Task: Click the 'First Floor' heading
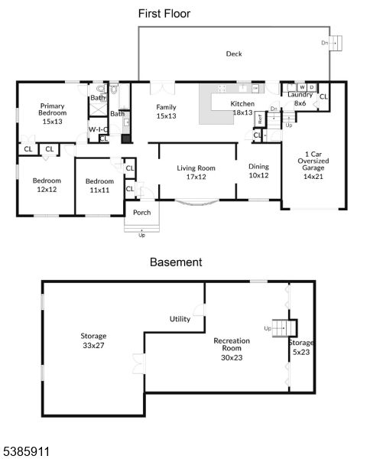[x=164, y=14]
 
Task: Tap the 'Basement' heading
[x=176, y=262]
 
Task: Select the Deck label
[x=234, y=54]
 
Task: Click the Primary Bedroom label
[x=52, y=113]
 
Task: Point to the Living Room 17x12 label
[x=196, y=172]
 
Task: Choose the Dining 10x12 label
[x=258, y=171]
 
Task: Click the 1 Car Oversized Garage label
[x=313, y=165]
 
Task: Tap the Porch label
[x=142, y=212]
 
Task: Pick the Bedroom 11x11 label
[x=99, y=186]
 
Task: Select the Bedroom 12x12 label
[x=47, y=185]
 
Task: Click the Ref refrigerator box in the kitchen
[x=260, y=119]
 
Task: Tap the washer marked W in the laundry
[x=302, y=87]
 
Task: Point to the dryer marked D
[x=312, y=87]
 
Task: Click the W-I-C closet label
[x=98, y=129]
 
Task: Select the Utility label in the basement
[x=180, y=319]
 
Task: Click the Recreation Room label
[x=232, y=349]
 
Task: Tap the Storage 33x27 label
[x=93, y=340]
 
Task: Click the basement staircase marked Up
[x=284, y=328]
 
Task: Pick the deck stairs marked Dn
[x=336, y=43]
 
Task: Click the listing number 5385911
[x=25, y=451]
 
